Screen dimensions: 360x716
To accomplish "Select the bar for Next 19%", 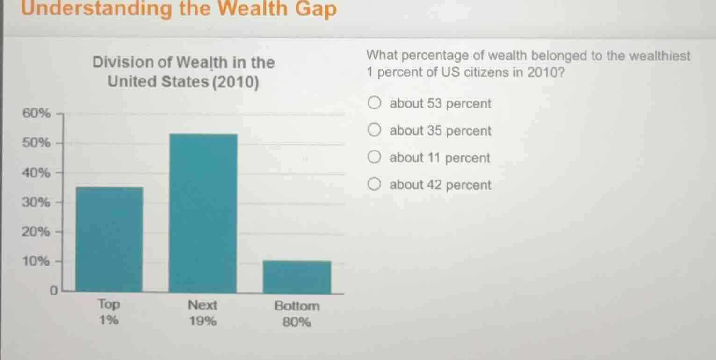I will point(203,213).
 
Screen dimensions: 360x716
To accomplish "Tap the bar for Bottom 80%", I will point(297,277).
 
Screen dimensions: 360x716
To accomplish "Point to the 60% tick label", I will point(36,113).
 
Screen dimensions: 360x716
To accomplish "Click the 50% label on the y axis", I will point(36,143).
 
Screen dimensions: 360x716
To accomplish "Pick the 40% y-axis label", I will point(36,173).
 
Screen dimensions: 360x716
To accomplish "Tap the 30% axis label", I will point(36,202).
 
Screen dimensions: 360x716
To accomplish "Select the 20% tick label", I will point(36,232).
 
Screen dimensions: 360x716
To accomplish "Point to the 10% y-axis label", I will point(36,261).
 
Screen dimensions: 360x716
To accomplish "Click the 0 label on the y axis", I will point(53,291).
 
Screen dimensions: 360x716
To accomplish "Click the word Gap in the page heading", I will point(316,9).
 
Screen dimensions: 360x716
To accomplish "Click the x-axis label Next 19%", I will point(203,313).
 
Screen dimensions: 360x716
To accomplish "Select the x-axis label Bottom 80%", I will point(297,314).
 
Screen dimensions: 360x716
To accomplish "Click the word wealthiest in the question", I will point(660,56).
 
